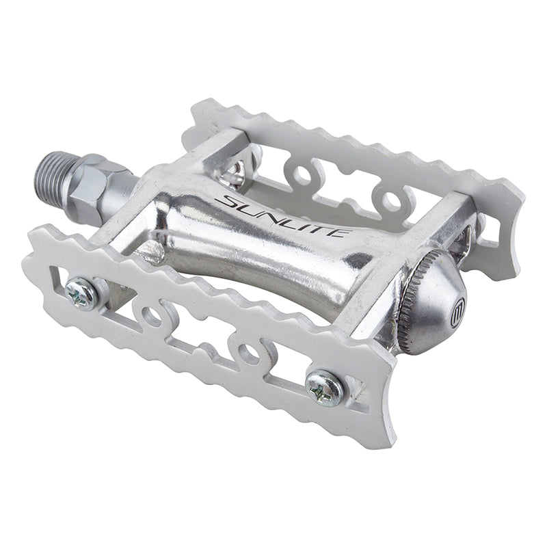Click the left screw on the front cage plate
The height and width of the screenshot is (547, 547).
pyautogui.click(x=82, y=293)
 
